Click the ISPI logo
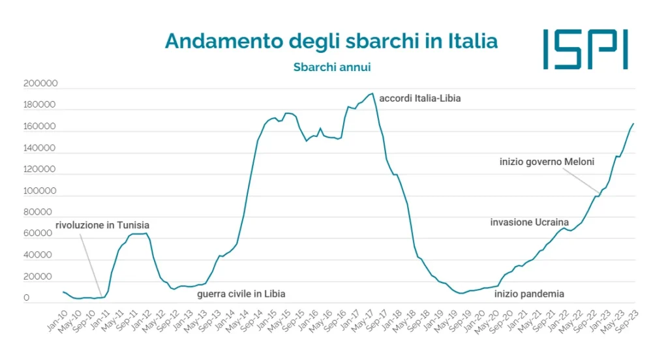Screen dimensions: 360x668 pos(585,49)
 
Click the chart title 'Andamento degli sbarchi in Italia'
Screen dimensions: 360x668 pos(331,41)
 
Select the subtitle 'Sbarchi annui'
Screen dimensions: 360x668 pos(331,67)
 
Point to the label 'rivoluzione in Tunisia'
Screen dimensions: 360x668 pos(102,225)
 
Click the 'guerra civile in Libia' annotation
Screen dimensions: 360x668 pos(241,294)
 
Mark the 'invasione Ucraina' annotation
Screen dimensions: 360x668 pos(530,222)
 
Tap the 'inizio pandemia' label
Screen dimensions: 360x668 pos(529,294)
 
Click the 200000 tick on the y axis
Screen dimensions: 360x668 pos(40,84)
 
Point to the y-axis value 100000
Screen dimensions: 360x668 pos(40,191)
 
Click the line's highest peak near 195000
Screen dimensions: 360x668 pos(372,93)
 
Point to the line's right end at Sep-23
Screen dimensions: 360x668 pos(633,123)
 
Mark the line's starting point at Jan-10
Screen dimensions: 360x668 pos(63,292)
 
